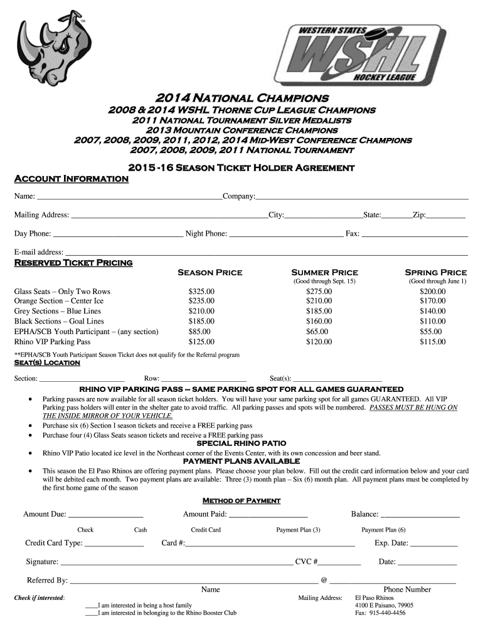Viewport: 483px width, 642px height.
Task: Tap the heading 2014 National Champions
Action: (242, 98)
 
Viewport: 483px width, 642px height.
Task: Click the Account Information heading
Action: (72, 179)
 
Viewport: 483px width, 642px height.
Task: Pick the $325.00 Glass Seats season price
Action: (201, 292)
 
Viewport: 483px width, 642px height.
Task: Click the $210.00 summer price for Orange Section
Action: (319, 302)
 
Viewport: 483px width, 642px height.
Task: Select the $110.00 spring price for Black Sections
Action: (433, 322)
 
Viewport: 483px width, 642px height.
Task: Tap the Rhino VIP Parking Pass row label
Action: (53, 342)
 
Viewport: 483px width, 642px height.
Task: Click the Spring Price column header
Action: (436, 273)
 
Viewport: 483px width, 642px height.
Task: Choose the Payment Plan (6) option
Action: (383, 530)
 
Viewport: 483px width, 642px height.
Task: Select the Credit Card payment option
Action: (206, 530)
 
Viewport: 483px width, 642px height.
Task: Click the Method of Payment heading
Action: (241, 501)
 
